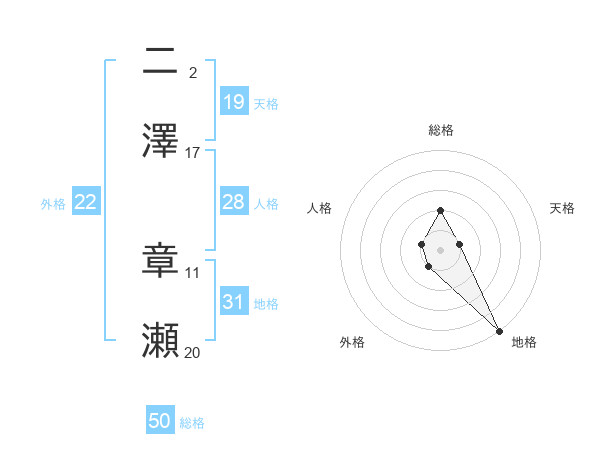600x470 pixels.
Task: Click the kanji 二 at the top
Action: [160, 61]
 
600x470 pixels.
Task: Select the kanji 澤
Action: [160, 140]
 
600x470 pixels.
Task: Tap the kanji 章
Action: [160, 260]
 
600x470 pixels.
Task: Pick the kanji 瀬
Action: [160, 340]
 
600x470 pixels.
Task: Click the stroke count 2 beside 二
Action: [193, 72]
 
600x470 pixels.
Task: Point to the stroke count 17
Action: [193, 152]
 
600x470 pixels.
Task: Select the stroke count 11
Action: [193, 272]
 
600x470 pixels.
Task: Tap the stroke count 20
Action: [193, 352]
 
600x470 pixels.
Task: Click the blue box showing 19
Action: [234, 102]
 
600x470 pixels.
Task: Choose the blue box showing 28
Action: [234, 202]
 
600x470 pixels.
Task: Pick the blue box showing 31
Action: [234, 302]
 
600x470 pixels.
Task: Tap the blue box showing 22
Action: [86, 202]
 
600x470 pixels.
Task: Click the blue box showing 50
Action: [160, 421]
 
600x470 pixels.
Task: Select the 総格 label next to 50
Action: [192, 423]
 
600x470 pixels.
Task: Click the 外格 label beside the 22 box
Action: [53, 204]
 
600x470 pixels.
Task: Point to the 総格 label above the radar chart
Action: [440, 130]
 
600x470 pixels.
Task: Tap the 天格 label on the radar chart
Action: [562, 208]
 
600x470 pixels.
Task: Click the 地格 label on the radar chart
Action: [524, 342]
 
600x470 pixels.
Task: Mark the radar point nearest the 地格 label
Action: [499, 330]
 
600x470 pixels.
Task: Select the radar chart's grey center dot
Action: [440, 249]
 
